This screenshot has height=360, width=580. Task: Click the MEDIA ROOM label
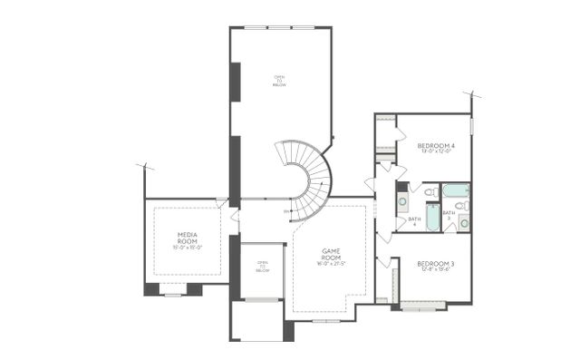[x=188, y=238]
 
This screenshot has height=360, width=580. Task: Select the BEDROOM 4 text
[x=436, y=145]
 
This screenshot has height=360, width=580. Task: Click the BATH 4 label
[x=413, y=219]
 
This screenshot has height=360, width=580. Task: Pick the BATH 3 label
[x=448, y=215]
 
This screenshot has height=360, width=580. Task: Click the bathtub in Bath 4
[x=432, y=218]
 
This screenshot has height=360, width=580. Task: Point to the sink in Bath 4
[x=402, y=200]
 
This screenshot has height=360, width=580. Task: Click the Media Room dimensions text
[x=188, y=248]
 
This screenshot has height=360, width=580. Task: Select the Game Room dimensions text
[x=331, y=263]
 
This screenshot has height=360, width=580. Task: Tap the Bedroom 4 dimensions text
[x=436, y=151]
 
